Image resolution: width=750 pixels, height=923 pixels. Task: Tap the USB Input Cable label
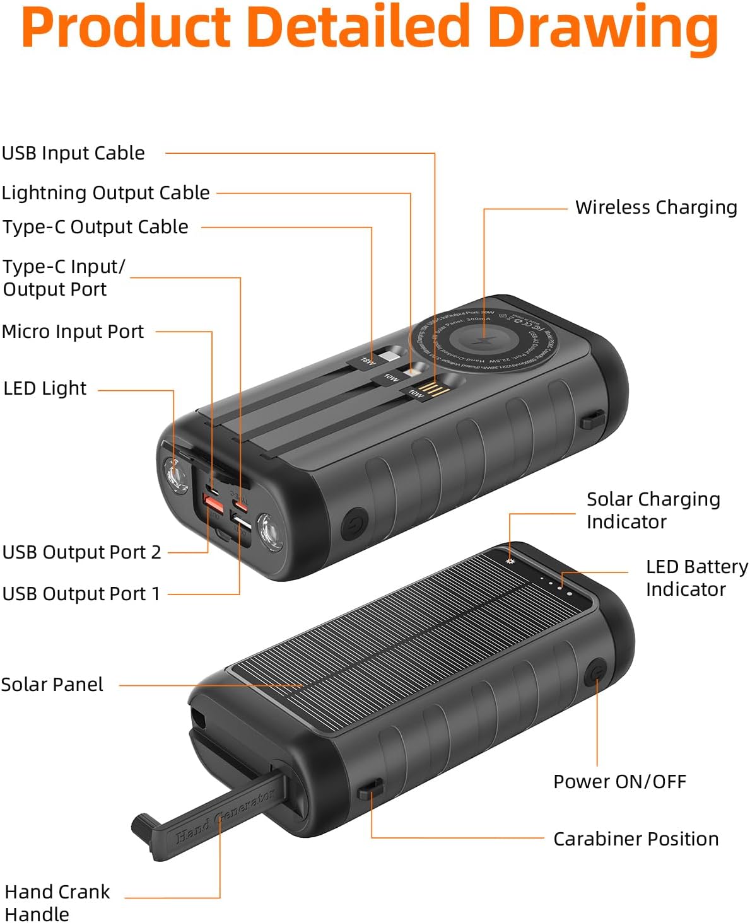click(73, 153)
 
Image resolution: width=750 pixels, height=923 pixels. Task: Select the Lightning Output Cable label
click(105, 192)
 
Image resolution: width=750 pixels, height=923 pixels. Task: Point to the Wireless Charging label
click(656, 207)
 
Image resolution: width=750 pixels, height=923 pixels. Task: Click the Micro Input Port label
click(73, 332)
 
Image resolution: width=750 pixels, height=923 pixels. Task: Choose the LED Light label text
click(45, 388)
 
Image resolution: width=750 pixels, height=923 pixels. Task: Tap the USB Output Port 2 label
click(81, 552)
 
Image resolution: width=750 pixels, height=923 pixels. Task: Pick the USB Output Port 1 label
click(81, 594)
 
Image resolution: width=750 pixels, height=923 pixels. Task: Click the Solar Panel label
click(52, 685)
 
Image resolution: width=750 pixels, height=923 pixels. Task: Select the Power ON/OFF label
click(619, 782)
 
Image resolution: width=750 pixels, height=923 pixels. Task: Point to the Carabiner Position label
click(636, 839)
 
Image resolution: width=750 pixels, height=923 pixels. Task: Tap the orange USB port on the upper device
click(213, 504)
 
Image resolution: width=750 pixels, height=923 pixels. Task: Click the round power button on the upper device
click(354, 525)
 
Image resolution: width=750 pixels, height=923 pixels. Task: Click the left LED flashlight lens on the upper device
click(175, 475)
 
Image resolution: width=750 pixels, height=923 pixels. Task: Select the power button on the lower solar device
click(596, 673)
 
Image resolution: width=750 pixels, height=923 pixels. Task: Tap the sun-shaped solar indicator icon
click(510, 560)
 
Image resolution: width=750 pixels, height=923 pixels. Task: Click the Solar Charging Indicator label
click(653, 511)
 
